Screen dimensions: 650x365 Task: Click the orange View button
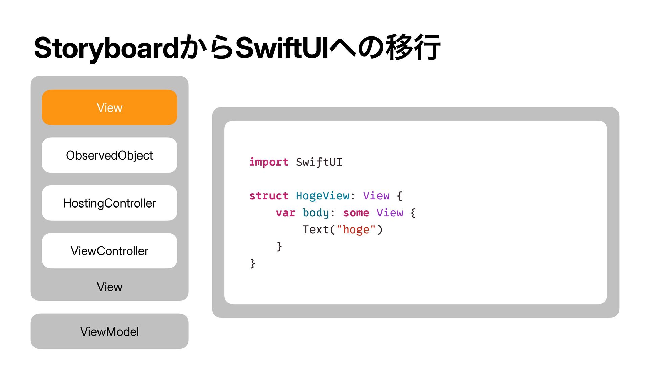[x=109, y=107]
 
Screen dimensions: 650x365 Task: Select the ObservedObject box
[x=109, y=155]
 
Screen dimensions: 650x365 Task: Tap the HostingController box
[x=109, y=203]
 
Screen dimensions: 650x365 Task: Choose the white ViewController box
[x=109, y=251]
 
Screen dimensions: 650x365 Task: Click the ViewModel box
[x=109, y=331]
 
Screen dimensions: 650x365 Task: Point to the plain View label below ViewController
[x=109, y=287]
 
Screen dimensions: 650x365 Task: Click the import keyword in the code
[x=269, y=162]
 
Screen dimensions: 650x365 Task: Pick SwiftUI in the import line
[x=319, y=162]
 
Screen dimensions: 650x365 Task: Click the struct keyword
[x=269, y=196]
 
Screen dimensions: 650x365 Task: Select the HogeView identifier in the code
[x=323, y=196]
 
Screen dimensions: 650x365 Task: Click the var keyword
[x=285, y=213]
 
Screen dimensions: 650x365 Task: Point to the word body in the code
[x=316, y=213]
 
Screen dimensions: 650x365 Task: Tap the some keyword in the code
[x=356, y=213]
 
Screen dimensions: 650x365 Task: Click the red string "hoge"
[x=356, y=229]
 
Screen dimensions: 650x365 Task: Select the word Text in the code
[x=316, y=229]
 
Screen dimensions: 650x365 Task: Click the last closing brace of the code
[x=253, y=263]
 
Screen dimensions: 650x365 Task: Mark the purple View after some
[x=390, y=213]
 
